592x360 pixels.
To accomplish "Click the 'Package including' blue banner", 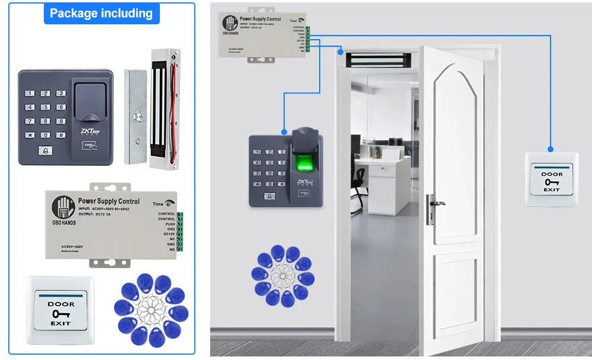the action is click(101, 13).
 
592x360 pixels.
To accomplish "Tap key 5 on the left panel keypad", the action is click(45, 107).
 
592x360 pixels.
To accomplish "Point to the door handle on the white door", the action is click(435, 204).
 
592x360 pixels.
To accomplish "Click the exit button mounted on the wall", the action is click(551, 180).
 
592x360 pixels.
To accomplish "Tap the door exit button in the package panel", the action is click(60, 310).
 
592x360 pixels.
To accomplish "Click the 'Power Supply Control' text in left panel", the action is click(108, 201).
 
